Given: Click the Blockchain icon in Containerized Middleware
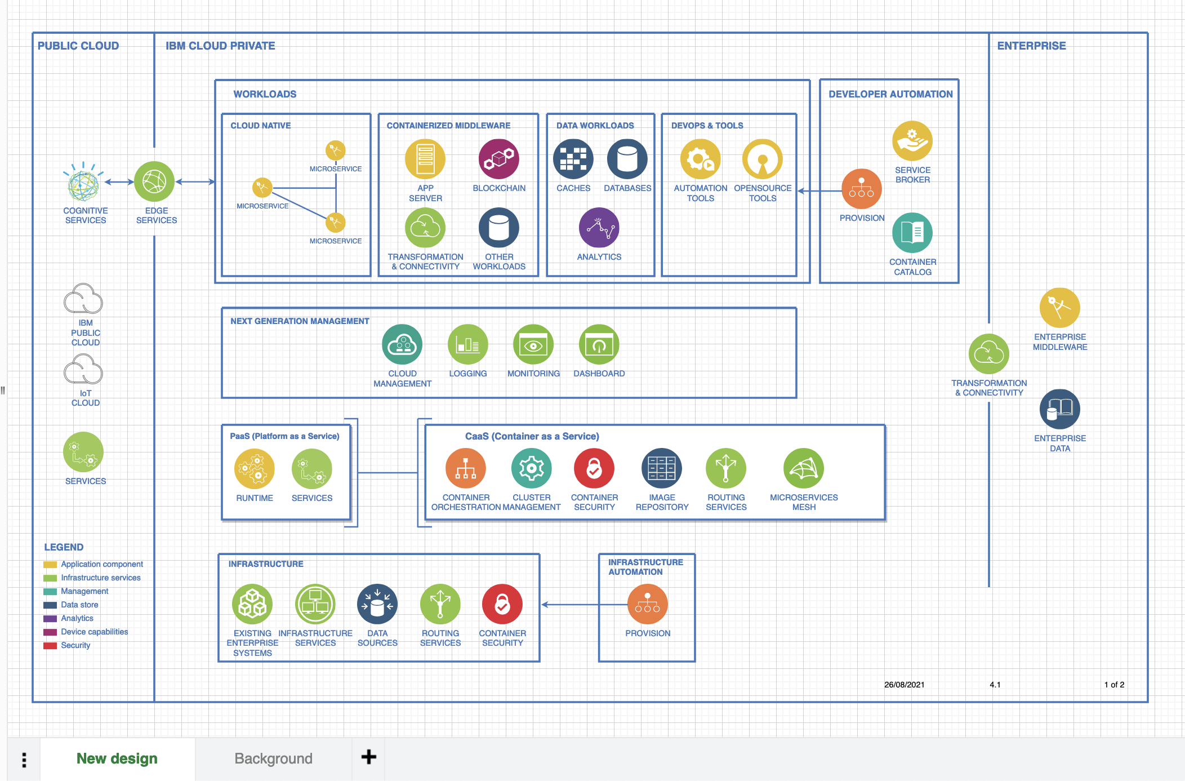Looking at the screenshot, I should point(498,159).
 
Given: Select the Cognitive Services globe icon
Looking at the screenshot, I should point(83,183).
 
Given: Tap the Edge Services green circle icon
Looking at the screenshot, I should point(154,181).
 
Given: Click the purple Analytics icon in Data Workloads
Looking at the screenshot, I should point(599,228).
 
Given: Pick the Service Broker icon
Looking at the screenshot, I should point(912,141).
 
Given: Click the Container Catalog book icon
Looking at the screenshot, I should point(912,233).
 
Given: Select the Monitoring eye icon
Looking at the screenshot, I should point(533,345).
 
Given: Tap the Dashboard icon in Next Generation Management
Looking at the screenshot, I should point(599,345).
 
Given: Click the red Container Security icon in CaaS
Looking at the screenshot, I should point(594,468).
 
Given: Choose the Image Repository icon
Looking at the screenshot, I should point(661,468).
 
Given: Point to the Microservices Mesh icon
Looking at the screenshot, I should point(803,468).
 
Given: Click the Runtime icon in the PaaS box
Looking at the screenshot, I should point(254,469).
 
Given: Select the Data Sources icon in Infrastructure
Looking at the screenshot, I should point(377,604).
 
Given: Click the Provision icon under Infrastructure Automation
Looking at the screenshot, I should point(647,604).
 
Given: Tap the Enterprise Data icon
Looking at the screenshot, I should point(1059,410).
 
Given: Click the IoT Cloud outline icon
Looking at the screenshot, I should point(83,370).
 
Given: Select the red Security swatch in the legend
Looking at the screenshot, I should point(50,646).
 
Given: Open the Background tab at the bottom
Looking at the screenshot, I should point(273,758).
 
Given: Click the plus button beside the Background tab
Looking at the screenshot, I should point(368,757).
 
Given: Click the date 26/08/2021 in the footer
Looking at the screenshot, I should point(904,685).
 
